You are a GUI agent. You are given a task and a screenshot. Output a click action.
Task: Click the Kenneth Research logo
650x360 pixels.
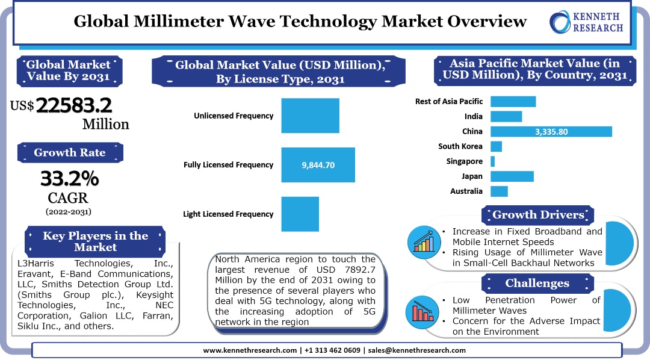pos(586,23)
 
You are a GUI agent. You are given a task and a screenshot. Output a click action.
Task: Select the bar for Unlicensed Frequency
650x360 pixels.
pos(310,116)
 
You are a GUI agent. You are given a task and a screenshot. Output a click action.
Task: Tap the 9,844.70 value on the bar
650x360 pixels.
pos(318,164)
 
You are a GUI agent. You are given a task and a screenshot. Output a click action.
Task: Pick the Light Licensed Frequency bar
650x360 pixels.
pos(300,214)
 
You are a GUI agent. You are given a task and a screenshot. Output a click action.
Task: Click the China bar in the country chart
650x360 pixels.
pos(551,131)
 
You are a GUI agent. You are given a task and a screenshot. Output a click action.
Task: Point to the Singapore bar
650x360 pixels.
pos(492,161)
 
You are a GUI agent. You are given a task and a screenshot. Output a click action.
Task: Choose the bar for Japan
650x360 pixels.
pos(512,176)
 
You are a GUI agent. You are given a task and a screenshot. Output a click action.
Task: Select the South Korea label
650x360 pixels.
pos(460,146)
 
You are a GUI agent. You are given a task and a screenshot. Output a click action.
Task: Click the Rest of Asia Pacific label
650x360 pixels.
pos(448,101)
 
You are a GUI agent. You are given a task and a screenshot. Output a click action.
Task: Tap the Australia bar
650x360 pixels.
pos(499,191)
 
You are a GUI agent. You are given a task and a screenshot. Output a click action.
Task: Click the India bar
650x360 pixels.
pos(506,116)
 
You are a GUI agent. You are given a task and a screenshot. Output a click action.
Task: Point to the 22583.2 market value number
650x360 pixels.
pos(74,105)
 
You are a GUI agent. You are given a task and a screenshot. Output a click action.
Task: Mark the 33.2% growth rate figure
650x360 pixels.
pos(69,179)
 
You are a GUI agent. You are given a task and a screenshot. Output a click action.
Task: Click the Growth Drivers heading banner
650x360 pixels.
pos(538,215)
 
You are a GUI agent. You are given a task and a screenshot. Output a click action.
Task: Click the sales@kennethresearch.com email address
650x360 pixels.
pos(416,350)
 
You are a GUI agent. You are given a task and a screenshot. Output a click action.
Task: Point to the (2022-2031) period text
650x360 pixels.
pos(69,211)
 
